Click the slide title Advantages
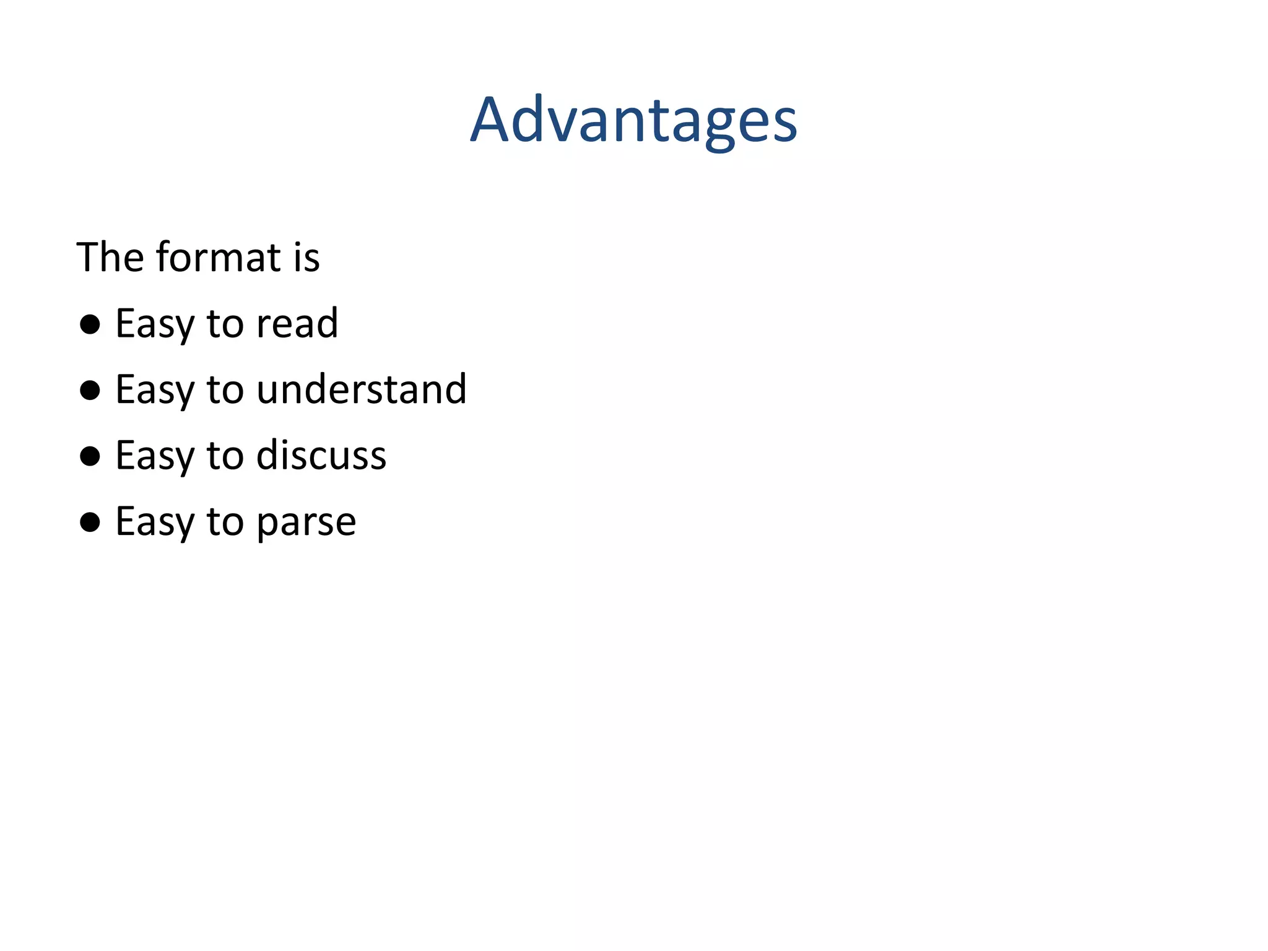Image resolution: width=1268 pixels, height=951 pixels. [x=633, y=121]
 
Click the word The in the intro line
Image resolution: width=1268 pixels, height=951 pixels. [x=111, y=257]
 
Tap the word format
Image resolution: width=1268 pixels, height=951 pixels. [x=219, y=257]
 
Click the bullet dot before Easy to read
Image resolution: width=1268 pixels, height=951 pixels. [x=90, y=324]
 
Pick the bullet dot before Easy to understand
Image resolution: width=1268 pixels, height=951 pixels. [x=90, y=390]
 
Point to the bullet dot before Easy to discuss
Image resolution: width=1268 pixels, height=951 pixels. [x=90, y=456]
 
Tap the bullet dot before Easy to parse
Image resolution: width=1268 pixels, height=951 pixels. [x=90, y=522]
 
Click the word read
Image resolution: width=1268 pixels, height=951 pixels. [x=297, y=324]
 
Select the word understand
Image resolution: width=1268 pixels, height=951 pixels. [x=362, y=390]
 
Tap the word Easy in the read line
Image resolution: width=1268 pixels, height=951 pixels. [x=154, y=325]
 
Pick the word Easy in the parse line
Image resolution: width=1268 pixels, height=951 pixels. [x=154, y=523]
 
